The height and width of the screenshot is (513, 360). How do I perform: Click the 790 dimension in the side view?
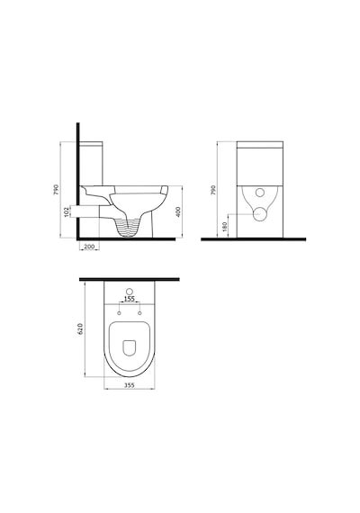56,190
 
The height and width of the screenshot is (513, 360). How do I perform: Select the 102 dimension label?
67,211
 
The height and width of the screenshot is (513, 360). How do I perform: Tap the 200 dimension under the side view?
90,247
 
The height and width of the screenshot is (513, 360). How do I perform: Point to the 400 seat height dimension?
178,211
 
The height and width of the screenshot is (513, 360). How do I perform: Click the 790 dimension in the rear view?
213,190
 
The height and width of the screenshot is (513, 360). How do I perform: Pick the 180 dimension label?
224,226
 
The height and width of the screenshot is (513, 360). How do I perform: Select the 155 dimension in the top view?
130,299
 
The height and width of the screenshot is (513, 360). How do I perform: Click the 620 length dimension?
81,328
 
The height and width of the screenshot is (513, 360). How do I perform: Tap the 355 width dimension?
130,385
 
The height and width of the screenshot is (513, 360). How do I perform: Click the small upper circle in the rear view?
260,193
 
